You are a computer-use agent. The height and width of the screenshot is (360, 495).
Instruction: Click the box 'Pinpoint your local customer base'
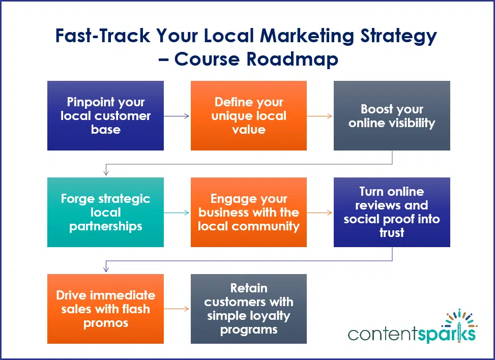[x=105, y=115]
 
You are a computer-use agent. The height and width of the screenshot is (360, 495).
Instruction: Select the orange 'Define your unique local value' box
[x=248, y=115]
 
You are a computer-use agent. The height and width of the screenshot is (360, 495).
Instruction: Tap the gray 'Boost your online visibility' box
[x=392, y=115]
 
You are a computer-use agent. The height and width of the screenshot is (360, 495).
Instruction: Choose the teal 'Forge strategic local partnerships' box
[x=105, y=212]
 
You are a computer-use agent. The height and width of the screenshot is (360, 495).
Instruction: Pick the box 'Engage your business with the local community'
[x=248, y=212]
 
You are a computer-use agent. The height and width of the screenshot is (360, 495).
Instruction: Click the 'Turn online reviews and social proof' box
[x=392, y=212]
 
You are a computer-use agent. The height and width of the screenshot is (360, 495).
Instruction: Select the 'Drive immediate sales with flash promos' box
[x=105, y=309]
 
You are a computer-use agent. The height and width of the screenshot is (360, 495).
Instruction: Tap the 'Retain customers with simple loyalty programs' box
[x=248, y=309]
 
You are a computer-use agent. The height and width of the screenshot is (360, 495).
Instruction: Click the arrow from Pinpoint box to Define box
[x=177, y=116]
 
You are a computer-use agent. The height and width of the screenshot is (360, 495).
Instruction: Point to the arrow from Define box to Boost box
[x=320, y=116]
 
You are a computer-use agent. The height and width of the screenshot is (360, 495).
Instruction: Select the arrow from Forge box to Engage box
[x=177, y=213]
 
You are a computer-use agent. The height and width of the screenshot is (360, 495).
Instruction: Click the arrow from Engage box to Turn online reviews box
[x=320, y=213]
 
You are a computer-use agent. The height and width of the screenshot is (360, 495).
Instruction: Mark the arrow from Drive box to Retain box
[x=177, y=309]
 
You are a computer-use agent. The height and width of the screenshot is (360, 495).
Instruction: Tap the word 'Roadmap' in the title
[x=293, y=59]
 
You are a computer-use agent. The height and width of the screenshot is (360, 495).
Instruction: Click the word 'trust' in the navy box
[x=392, y=233]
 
